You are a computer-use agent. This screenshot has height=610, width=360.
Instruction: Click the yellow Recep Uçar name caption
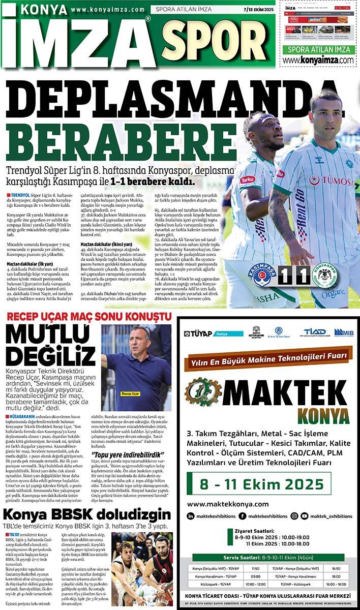(130, 393)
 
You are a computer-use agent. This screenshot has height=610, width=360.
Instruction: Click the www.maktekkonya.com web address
(228, 504)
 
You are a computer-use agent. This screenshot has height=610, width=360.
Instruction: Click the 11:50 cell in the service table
(255, 568)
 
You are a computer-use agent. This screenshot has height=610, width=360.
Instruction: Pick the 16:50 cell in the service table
(336, 568)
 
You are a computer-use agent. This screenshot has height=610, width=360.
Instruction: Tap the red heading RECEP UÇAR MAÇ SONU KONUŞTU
(89, 317)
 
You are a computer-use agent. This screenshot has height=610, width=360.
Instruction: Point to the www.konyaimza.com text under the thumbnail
(318, 60)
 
